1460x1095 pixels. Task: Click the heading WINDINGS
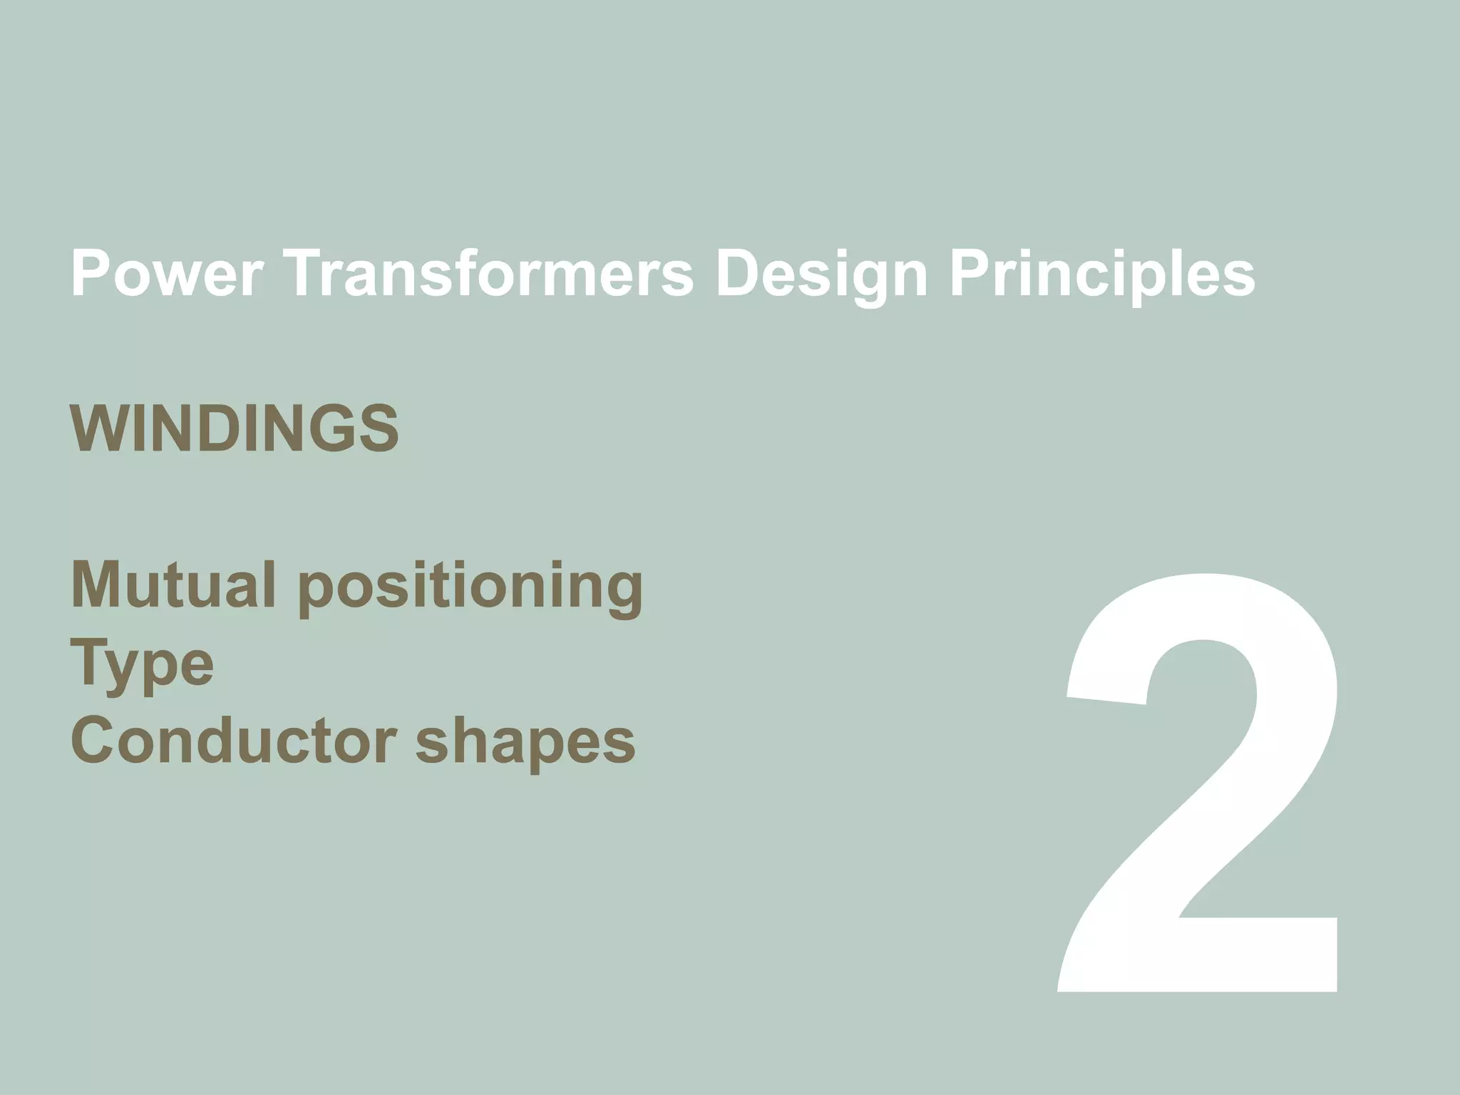pos(235,429)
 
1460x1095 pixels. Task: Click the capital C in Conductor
pos(94,741)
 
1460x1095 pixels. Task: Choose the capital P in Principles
pos(972,274)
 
